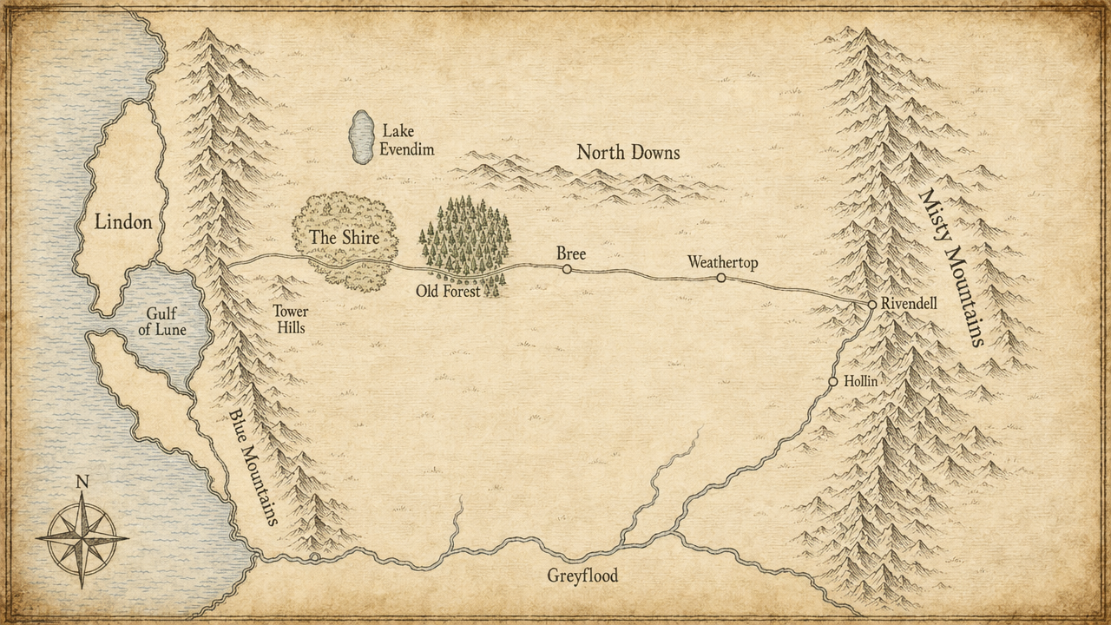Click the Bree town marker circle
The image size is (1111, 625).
point(567,269)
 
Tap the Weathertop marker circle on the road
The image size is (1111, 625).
point(721,278)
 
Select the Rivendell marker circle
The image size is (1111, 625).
point(872,305)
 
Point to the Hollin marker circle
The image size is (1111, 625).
point(833,382)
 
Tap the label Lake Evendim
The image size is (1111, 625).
point(406,140)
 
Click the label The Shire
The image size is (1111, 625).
point(344,236)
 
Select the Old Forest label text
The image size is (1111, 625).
point(448,292)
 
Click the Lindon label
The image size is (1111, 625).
point(123,222)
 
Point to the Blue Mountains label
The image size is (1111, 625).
point(254,467)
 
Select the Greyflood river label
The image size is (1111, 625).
point(582,576)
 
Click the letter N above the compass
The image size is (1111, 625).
point(82,482)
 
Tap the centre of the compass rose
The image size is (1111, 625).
point(82,538)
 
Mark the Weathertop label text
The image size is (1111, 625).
point(722,261)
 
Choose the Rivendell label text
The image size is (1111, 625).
point(909,304)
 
